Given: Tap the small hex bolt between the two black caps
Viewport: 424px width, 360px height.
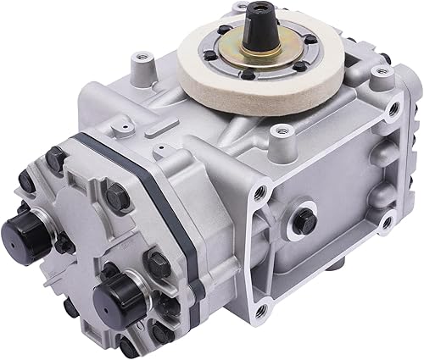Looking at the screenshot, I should tap(64, 245).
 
